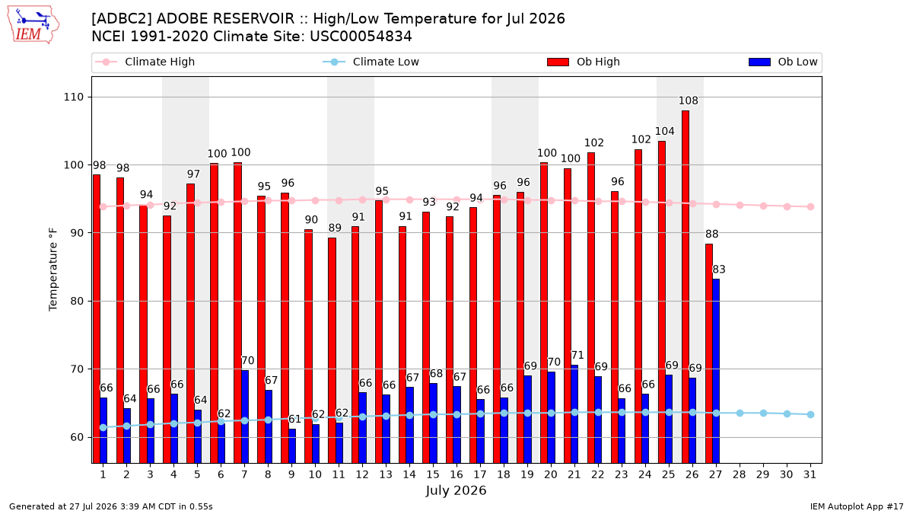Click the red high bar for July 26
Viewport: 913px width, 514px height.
tap(686, 287)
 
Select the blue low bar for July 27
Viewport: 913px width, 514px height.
tap(716, 372)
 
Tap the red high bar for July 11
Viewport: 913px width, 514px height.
tap(332, 350)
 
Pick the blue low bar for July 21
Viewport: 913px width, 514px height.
tap(574, 414)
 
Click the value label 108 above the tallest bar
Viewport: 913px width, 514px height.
tap(689, 101)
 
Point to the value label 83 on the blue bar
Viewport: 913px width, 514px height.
tap(719, 270)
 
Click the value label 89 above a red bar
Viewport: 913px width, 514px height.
tap(335, 228)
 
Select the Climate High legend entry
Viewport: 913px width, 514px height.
tap(145, 62)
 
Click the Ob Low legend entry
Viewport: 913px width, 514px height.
tap(783, 62)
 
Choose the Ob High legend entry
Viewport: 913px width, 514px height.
tap(584, 62)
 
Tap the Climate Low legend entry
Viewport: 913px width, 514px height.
tap(371, 62)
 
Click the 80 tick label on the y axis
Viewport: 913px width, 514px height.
tap(77, 301)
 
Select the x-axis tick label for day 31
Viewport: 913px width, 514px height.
tap(810, 474)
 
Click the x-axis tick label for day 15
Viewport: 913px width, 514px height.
tap(433, 474)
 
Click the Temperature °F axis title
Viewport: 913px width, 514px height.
tap(53, 270)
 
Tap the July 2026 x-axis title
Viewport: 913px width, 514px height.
tap(456, 490)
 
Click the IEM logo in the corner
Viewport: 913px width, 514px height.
tap(33, 25)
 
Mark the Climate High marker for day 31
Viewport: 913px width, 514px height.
tap(811, 207)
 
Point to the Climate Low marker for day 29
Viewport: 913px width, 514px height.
tap(763, 413)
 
